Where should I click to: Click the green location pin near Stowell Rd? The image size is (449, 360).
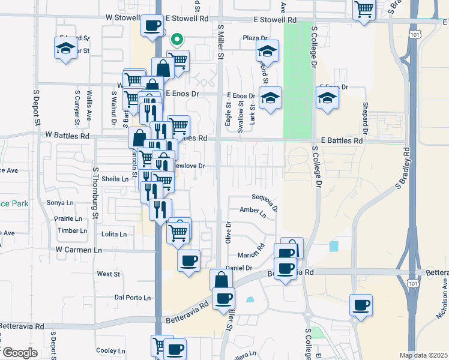[177, 40]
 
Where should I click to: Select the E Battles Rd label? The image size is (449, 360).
[342, 140]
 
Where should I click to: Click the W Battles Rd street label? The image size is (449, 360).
[67, 137]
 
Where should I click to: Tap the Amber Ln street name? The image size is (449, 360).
[252, 211]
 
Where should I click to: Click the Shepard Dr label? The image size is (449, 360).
[364, 118]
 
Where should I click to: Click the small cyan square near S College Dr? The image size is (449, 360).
[334, 246]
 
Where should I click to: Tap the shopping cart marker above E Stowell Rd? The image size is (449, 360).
[364, 10]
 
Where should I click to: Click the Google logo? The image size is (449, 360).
[20, 352]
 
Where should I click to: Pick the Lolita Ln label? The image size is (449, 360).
[114, 234]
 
